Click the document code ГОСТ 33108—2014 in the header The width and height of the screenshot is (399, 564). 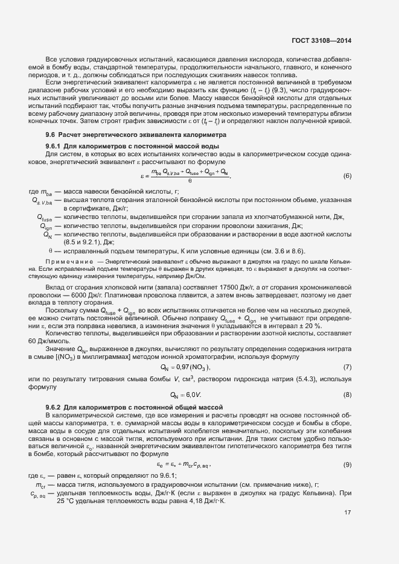[x=321, y=41]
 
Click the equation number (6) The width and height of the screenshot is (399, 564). [x=347, y=176]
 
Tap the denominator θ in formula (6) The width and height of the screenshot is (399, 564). [x=190, y=180]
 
